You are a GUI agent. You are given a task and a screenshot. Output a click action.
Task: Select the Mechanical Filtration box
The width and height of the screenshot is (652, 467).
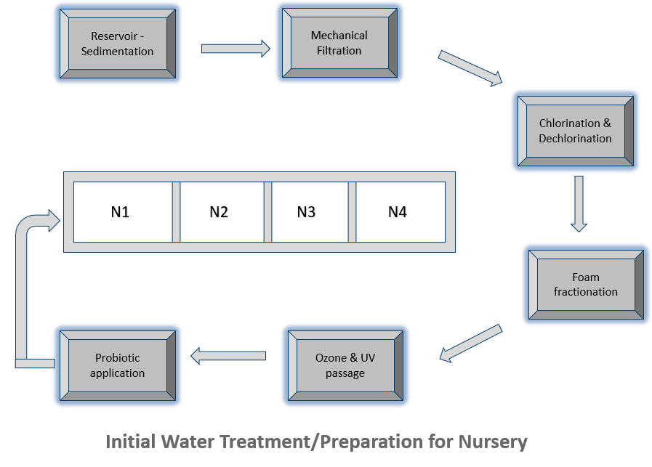(x=339, y=43)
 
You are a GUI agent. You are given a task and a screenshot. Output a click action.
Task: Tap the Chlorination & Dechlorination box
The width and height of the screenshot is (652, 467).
(x=575, y=131)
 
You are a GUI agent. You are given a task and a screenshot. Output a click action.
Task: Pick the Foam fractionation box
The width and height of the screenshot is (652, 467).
(x=585, y=284)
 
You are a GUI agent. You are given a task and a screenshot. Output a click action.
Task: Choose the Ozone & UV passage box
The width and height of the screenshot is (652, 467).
(x=345, y=365)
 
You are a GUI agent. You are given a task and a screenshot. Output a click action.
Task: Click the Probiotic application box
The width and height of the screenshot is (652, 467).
(x=117, y=365)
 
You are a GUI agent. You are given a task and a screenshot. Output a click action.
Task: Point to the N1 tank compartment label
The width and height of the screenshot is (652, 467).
(x=121, y=212)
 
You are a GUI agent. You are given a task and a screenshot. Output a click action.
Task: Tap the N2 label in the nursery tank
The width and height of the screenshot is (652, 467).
(x=220, y=212)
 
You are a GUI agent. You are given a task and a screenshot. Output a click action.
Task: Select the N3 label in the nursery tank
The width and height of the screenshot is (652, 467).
(x=306, y=212)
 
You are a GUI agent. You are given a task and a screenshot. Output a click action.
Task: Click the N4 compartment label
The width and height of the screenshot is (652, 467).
(x=397, y=212)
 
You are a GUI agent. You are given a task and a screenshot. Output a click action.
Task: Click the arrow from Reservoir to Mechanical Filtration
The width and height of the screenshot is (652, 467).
(x=235, y=49)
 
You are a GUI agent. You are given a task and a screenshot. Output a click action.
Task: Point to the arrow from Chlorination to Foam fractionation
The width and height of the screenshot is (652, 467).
(x=579, y=203)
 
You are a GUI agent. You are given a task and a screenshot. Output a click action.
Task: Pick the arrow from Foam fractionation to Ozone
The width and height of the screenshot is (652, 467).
(x=471, y=343)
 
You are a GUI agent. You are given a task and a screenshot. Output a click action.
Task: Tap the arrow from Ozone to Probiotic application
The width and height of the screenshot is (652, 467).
(x=228, y=356)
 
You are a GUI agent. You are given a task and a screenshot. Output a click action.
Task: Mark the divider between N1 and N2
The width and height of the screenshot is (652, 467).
(x=176, y=212)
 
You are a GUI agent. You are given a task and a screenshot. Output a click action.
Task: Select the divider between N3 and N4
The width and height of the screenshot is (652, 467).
(x=353, y=212)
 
